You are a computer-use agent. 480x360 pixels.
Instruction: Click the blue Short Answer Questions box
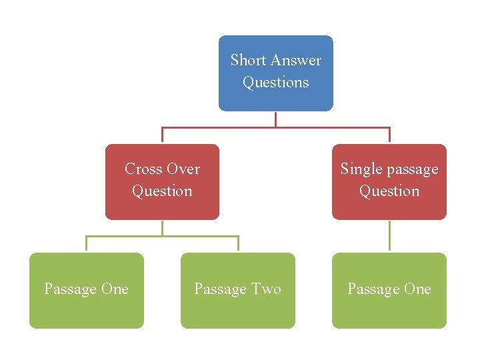pyautogui.click(x=275, y=73)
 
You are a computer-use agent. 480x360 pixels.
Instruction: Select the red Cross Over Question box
pyautogui.click(x=162, y=181)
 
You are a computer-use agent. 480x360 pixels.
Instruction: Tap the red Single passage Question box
pyautogui.click(x=389, y=181)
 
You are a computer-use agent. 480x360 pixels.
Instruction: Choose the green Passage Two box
pyautogui.click(x=237, y=291)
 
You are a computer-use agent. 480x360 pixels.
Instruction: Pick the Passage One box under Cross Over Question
pyautogui.click(x=86, y=291)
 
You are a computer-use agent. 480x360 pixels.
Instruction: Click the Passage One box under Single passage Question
pyautogui.click(x=389, y=291)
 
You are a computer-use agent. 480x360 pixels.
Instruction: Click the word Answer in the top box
pyautogui.click(x=296, y=61)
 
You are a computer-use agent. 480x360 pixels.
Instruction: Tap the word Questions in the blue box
pyautogui.click(x=275, y=83)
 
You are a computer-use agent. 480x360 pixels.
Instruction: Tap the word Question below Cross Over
pyautogui.click(x=162, y=191)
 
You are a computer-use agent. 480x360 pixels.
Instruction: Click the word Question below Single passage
pyautogui.click(x=389, y=191)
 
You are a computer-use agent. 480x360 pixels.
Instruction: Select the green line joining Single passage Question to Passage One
pyautogui.click(x=389, y=236)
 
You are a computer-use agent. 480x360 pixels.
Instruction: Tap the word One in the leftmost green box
pyautogui.click(x=115, y=289)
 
